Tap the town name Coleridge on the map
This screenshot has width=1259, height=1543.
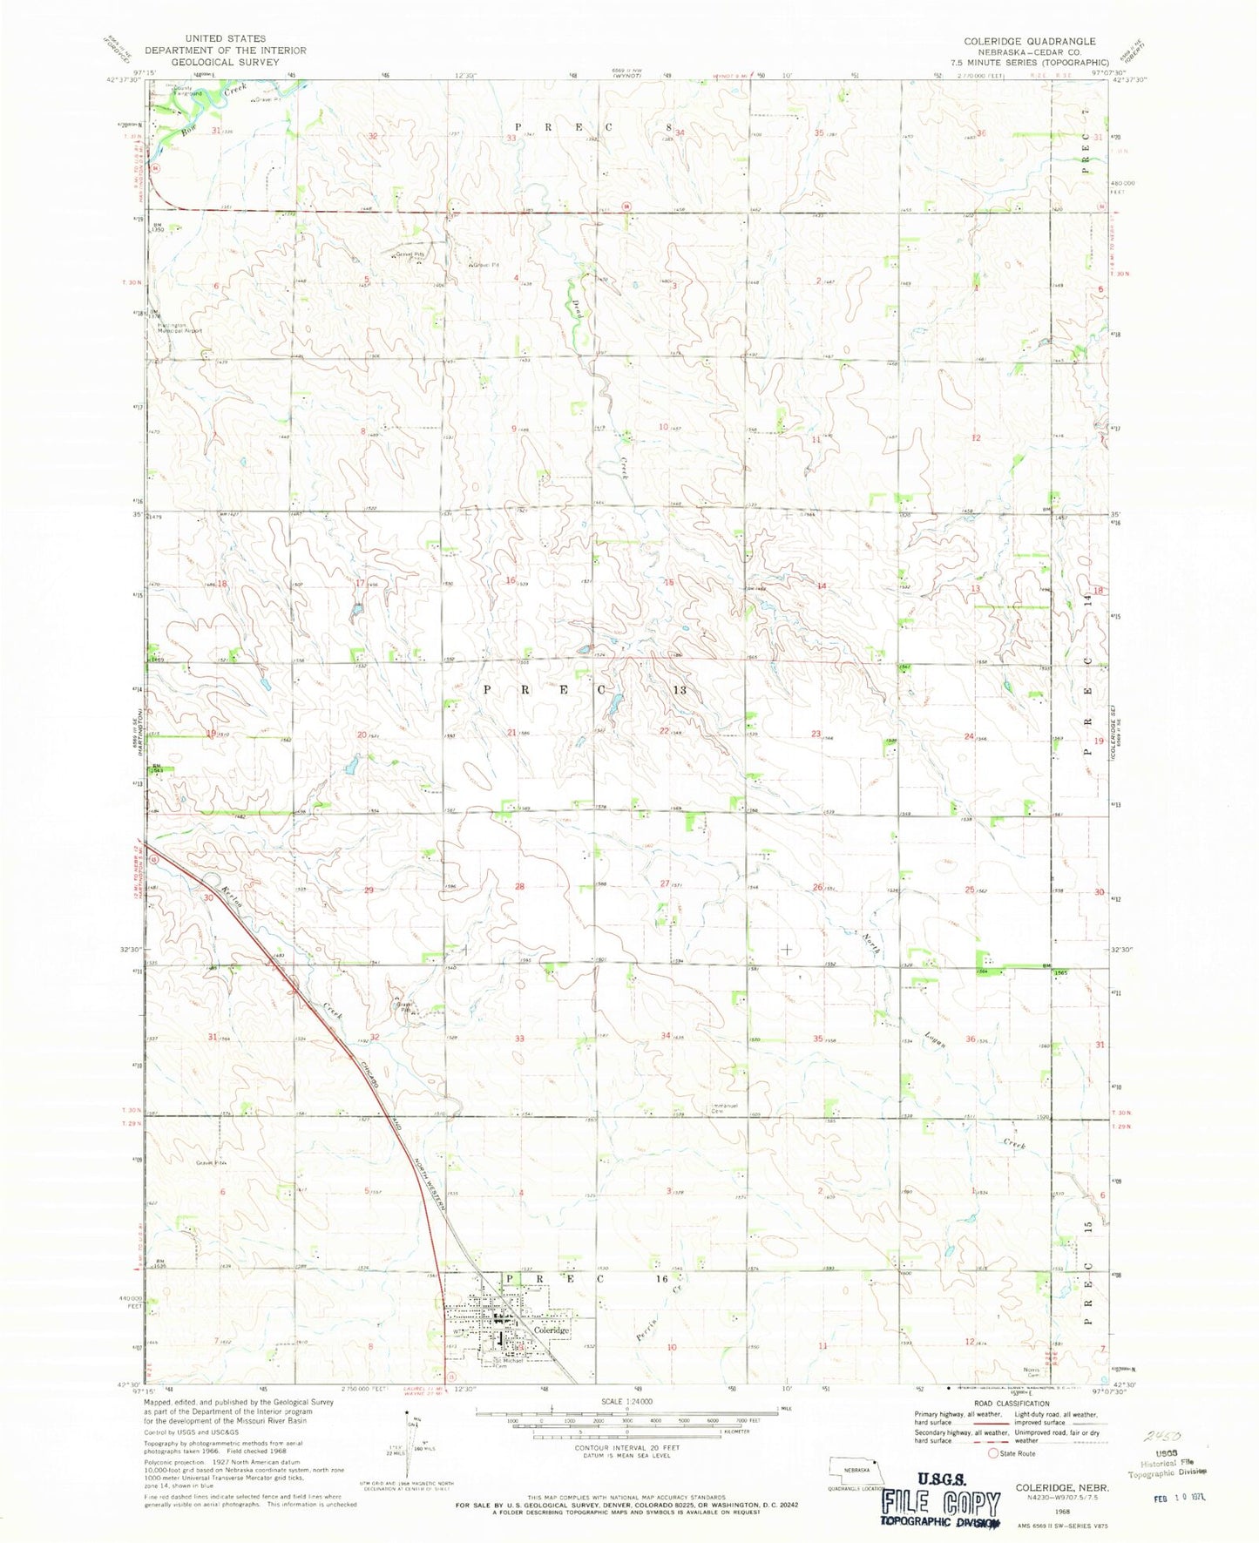552,1330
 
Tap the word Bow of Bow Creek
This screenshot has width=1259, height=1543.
189,130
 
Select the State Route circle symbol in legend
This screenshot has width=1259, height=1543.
992,1453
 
